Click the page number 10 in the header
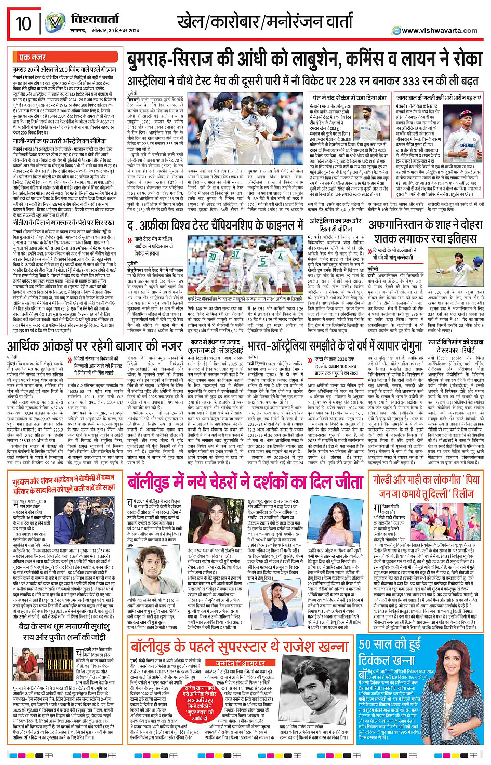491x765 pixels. pyautogui.click(x=23, y=23)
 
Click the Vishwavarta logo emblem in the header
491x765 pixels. pyautogui.click(x=54, y=23)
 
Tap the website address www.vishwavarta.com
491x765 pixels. pyautogui.click(x=439, y=30)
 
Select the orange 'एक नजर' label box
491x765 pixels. pyautogui.click(x=32, y=57)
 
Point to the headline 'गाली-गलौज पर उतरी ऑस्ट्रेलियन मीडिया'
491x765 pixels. pyautogui.click(x=59, y=141)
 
